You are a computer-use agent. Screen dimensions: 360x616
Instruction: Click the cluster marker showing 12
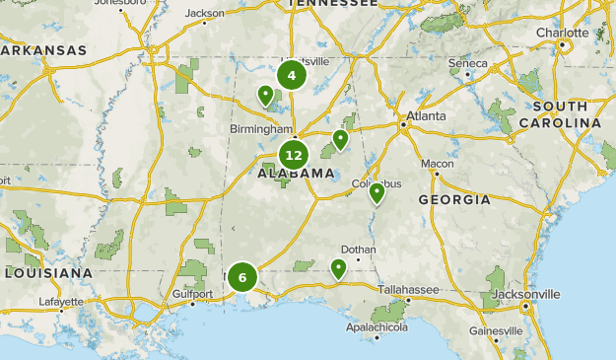pos(293,155)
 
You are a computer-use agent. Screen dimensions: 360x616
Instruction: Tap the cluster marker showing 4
pos(291,75)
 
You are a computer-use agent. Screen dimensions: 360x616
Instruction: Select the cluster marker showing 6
pos(242,277)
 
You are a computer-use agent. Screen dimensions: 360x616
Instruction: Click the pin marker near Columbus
pos(376,192)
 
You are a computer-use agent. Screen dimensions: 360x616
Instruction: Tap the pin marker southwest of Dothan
pos(339,267)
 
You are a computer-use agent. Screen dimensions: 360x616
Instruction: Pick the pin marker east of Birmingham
pos(340,139)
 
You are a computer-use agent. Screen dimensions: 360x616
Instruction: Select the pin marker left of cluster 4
pos(265,95)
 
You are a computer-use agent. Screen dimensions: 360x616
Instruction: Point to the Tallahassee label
pos(408,289)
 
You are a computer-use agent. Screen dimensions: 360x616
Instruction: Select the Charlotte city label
pos(562,33)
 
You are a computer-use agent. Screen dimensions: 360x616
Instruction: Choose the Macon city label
pos(437,163)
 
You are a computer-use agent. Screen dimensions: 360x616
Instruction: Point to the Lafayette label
pos(61,302)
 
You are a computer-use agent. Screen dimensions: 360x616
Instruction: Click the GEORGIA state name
pos(453,199)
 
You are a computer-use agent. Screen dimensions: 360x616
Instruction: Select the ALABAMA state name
pos(296,174)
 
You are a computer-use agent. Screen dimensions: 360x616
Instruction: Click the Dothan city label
pos(358,250)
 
